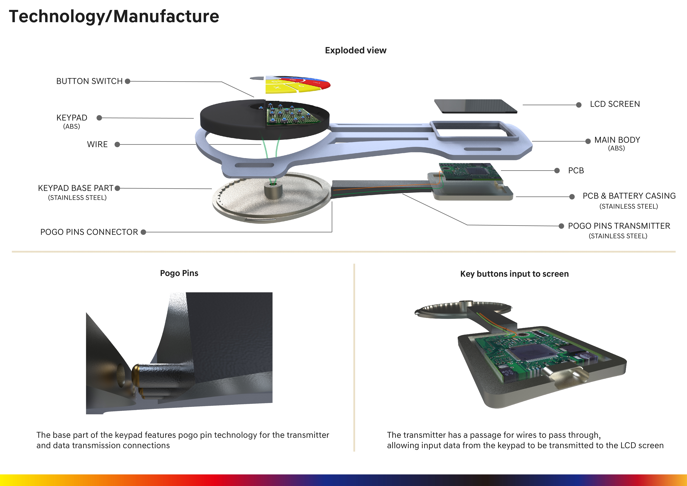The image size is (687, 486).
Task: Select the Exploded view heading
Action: [355, 50]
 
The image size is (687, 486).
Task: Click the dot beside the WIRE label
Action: [117, 144]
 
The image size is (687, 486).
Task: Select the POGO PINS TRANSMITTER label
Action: [619, 226]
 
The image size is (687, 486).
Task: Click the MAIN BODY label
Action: [617, 140]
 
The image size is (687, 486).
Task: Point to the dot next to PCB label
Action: [557, 171]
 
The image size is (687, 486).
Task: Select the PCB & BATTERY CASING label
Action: [629, 196]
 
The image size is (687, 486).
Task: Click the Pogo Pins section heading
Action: [179, 273]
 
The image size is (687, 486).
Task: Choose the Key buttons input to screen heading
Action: [514, 274]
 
